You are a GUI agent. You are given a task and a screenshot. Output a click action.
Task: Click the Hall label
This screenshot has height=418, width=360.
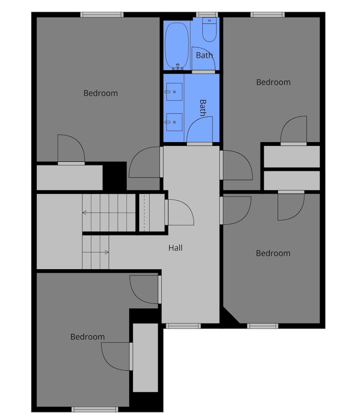coord(176,248)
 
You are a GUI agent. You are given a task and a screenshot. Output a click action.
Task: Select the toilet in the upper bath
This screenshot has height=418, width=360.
coord(209,30)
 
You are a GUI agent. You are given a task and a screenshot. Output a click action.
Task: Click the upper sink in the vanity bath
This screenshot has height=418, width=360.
coord(174,92)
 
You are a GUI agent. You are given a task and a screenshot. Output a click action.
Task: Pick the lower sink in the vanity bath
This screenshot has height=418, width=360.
coord(174,122)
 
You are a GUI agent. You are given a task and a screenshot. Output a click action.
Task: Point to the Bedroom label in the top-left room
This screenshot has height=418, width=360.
coord(100,93)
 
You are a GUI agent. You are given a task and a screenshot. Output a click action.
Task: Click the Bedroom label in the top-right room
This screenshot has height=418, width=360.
coord(273,82)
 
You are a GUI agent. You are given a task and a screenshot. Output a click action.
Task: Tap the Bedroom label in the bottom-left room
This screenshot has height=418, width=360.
coord(87,336)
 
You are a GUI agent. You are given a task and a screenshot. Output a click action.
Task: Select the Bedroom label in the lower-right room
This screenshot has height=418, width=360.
coord(273,253)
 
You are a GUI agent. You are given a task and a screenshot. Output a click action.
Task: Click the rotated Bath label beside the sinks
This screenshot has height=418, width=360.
coord(203,108)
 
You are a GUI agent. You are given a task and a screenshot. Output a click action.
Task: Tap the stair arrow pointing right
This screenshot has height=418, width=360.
coord(95,252)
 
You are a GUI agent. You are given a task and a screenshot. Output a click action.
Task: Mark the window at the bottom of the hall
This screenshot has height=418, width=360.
coord(183,326)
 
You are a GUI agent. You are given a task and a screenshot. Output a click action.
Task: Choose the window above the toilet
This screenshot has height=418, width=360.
coord(207,15)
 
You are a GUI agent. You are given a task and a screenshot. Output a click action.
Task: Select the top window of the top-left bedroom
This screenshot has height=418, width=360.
coord(102,15)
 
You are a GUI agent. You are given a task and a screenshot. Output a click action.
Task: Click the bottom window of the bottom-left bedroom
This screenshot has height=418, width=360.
coord(95,409)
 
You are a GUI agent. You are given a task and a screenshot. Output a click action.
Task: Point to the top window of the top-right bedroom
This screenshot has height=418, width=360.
coord(268,15)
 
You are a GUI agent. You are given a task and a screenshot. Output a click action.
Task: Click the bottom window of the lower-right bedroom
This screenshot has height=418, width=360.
coord(263,326)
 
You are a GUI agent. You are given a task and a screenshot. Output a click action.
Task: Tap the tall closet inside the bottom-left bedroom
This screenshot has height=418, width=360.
coord(146,358)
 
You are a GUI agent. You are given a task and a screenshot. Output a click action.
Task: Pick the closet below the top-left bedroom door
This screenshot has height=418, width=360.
coord(69,178)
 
